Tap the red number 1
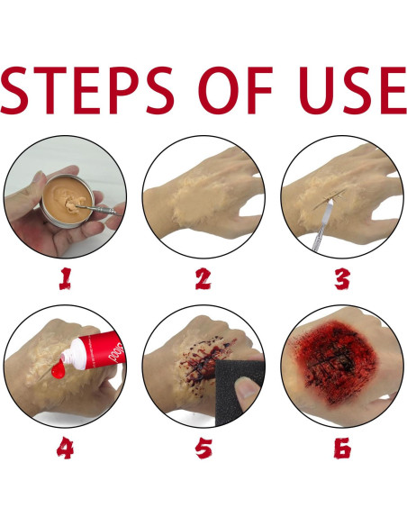point(64,279)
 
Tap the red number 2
point(203,279)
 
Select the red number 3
point(342,279)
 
